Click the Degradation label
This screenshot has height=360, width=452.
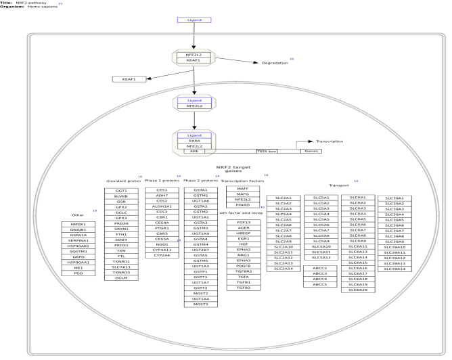tap(275, 62)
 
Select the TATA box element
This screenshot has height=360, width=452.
tap(269, 151)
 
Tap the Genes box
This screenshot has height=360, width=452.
tap(311, 151)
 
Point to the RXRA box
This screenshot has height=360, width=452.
tap(194, 140)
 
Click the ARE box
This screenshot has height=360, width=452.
tap(194, 151)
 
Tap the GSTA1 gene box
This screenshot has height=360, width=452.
tap(200, 191)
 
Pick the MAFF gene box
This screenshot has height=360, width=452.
tap(243, 189)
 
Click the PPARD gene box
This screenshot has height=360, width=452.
tap(243, 205)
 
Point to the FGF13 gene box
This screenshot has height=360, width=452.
tap(243, 222)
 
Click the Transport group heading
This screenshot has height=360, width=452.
tap(338, 185)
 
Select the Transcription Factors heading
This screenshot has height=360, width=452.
tap(242, 181)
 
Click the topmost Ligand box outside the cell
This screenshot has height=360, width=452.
tap(194, 20)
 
